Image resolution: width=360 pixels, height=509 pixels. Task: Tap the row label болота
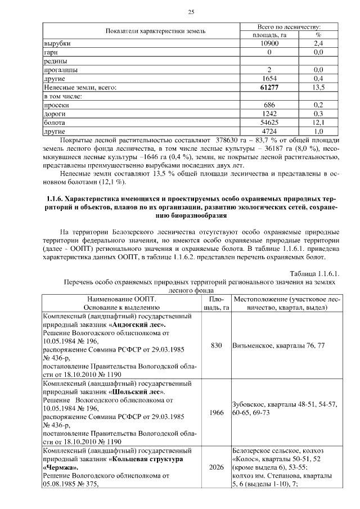pyautogui.click(x=55, y=122)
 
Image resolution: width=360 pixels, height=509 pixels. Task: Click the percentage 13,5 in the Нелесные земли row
pyautogui.click(x=318, y=87)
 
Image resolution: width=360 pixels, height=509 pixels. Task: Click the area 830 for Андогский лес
pyautogui.click(x=217, y=345)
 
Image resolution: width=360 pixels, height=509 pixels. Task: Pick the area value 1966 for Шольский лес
pyautogui.click(x=217, y=412)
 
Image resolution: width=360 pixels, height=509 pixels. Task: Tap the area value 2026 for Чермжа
pyautogui.click(x=217, y=467)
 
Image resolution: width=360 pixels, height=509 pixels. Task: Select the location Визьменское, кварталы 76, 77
pyautogui.click(x=278, y=345)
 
